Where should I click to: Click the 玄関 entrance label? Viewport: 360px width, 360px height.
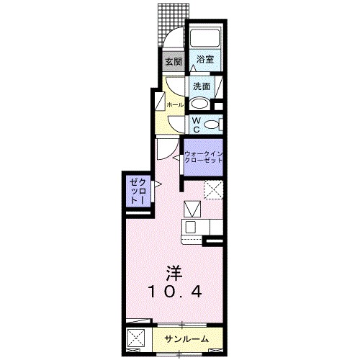point(173,62)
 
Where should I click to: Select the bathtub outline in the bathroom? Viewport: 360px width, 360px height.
point(205,40)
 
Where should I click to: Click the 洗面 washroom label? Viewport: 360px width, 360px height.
point(201,87)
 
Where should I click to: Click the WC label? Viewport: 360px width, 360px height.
point(195,125)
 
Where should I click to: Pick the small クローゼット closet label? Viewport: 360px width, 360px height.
point(137,192)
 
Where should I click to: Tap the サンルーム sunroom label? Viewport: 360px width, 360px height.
point(186,338)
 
